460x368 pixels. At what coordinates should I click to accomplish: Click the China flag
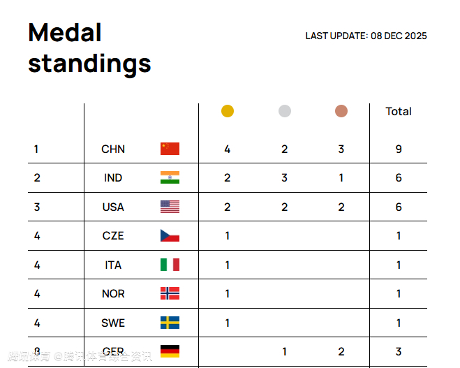coord(170,149)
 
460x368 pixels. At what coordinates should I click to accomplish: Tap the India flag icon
coord(170,177)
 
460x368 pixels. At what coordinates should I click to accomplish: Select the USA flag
coord(170,207)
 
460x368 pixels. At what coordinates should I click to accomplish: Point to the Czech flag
coord(170,235)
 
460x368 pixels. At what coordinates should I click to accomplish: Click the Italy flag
coord(170,265)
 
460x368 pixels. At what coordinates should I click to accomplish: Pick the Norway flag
coord(170,293)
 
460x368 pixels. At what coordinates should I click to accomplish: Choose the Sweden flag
coord(170,323)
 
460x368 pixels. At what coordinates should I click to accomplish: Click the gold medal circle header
coord(227,111)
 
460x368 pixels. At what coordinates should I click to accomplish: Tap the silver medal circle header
coord(284,111)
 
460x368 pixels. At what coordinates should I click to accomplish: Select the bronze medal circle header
coord(341,111)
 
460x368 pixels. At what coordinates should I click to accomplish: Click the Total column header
coord(399,111)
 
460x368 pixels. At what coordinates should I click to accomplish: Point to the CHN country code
coord(113,149)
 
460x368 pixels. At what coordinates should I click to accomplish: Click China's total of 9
coord(399,149)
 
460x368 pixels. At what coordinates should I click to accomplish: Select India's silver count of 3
coord(284,177)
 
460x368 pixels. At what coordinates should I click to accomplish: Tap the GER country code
coord(113,351)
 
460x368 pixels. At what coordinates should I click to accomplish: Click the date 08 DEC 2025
coord(399,36)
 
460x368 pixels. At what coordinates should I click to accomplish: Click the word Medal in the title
coord(65,33)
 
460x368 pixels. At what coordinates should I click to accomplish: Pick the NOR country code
coord(113,293)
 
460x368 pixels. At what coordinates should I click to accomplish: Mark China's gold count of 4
coord(227,149)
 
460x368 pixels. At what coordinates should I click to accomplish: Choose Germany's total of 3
coord(399,351)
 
